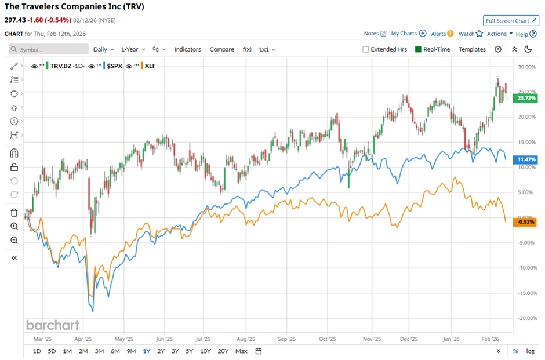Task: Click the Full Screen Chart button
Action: (511, 21)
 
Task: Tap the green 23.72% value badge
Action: (526, 98)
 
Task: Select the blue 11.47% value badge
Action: (526, 159)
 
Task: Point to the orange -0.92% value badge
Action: (526, 222)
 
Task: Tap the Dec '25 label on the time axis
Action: (409, 339)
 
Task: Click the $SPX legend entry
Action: (114, 66)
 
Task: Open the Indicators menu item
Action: (187, 49)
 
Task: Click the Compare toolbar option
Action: (221, 49)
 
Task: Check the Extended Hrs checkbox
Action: (366, 49)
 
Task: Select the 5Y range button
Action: (189, 351)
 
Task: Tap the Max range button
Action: (242, 351)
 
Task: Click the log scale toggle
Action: (530, 351)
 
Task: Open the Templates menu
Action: (472, 49)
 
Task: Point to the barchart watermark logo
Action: (52, 325)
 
